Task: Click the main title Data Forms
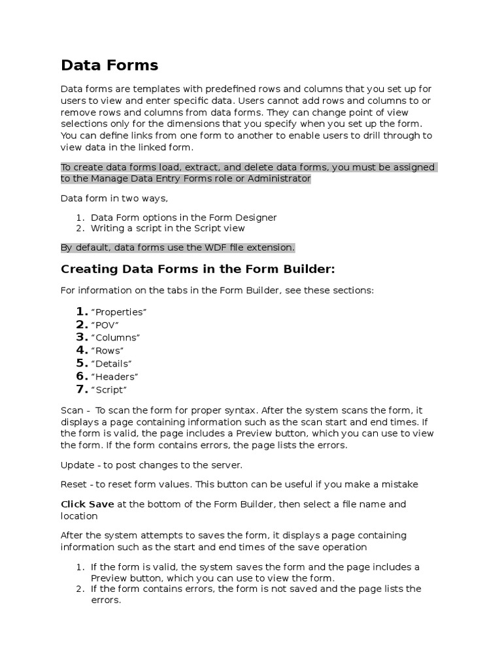click(x=109, y=65)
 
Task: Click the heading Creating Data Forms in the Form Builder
click(x=197, y=269)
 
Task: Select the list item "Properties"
click(x=118, y=312)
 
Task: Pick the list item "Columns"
click(x=115, y=338)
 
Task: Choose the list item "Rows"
click(x=107, y=351)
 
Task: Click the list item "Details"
click(x=111, y=363)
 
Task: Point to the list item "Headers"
click(x=114, y=376)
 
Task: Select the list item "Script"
click(x=109, y=389)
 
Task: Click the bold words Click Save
click(x=87, y=504)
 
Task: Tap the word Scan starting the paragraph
click(x=71, y=410)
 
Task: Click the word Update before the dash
click(x=77, y=465)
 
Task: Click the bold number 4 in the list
click(x=82, y=351)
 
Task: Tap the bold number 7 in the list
click(x=82, y=389)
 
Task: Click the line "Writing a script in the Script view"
click(x=168, y=228)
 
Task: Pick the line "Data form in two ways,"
click(x=114, y=198)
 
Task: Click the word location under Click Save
click(x=79, y=515)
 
